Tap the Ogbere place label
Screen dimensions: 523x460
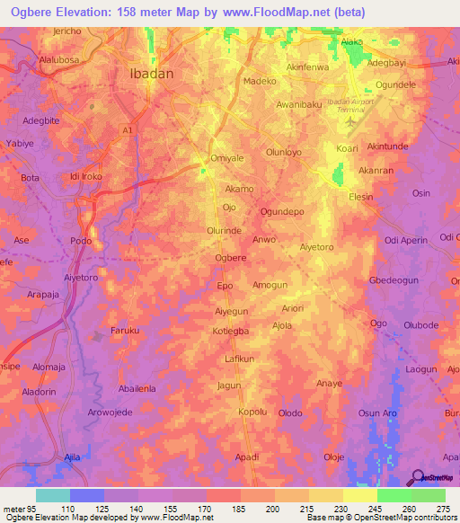[x=231, y=258]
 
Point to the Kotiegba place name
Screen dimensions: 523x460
[x=231, y=332]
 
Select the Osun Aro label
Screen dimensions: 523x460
[x=377, y=412]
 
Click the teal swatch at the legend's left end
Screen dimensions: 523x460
[x=52, y=495]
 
